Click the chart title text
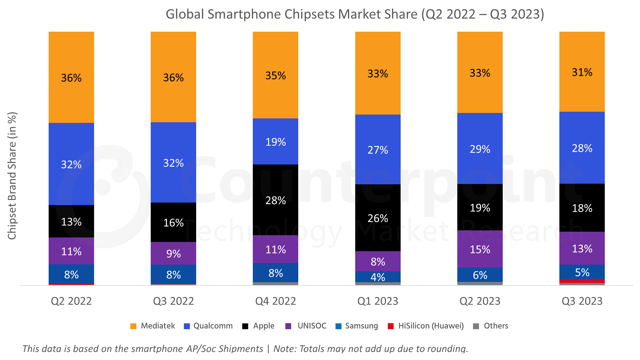[x=355, y=14]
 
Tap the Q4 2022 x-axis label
[x=276, y=301]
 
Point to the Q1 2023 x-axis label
[x=378, y=301]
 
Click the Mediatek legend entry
[x=153, y=326]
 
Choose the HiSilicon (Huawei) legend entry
[x=426, y=326]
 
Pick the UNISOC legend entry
[x=306, y=326]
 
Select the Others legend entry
[x=491, y=326]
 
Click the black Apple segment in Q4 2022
[x=276, y=186]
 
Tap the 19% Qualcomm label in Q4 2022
[x=276, y=142]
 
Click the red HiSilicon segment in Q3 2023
[x=582, y=281]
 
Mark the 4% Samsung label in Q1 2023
[x=378, y=277]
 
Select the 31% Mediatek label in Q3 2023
[x=582, y=72]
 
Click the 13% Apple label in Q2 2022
[x=71, y=222]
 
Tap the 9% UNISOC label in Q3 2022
[x=173, y=254]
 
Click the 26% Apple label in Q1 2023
[x=378, y=218]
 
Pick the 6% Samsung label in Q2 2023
[x=480, y=275]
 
